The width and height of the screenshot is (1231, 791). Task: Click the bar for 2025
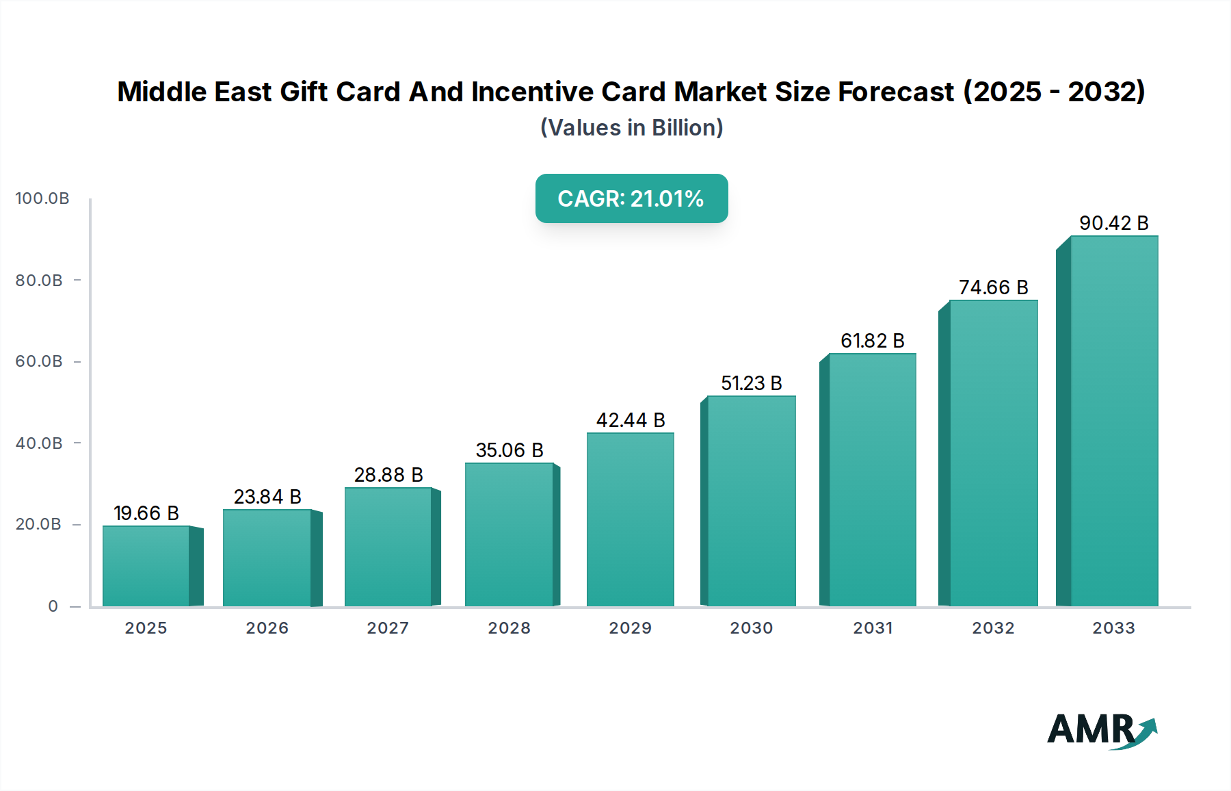coord(146,566)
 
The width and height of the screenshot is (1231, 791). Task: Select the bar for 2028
coord(509,534)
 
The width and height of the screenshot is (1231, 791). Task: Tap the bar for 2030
coord(751,501)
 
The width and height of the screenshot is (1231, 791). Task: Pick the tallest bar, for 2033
coord(1113,421)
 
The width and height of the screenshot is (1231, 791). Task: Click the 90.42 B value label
coord(1113,223)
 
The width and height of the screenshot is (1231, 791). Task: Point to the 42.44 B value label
coord(630,420)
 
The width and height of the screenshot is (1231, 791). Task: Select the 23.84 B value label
coord(267,497)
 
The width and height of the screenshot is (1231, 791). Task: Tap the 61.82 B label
coord(872,341)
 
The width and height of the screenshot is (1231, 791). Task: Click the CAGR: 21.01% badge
coord(631,198)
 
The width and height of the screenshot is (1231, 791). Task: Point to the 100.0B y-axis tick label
coord(42,198)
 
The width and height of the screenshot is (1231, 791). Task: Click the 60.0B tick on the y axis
coord(39,361)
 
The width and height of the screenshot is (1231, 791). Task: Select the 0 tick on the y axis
coord(53,606)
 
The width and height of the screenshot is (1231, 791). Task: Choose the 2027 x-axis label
coord(388,628)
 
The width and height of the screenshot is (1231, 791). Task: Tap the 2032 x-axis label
coord(993,628)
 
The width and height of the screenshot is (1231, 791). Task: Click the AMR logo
coord(1101,730)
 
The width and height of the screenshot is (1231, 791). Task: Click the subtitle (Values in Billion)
coord(631,128)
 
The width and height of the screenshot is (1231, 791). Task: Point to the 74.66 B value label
coord(993,287)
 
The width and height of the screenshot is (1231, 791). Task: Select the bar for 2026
coord(267,558)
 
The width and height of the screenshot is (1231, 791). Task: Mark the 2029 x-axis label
coord(630,628)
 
